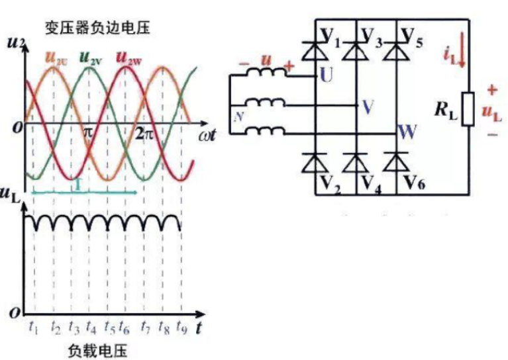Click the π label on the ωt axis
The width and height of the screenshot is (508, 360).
(x=89, y=132)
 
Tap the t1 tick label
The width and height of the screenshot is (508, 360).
(x=34, y=326)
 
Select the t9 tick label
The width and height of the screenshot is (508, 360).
(x=183, y=326)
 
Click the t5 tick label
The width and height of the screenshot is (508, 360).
(x=110, y=326)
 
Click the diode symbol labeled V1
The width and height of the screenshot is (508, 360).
(x=316, y=46)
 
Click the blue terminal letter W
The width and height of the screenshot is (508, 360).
(x=407, y=131)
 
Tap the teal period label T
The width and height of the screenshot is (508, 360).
(x=78, y=185)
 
